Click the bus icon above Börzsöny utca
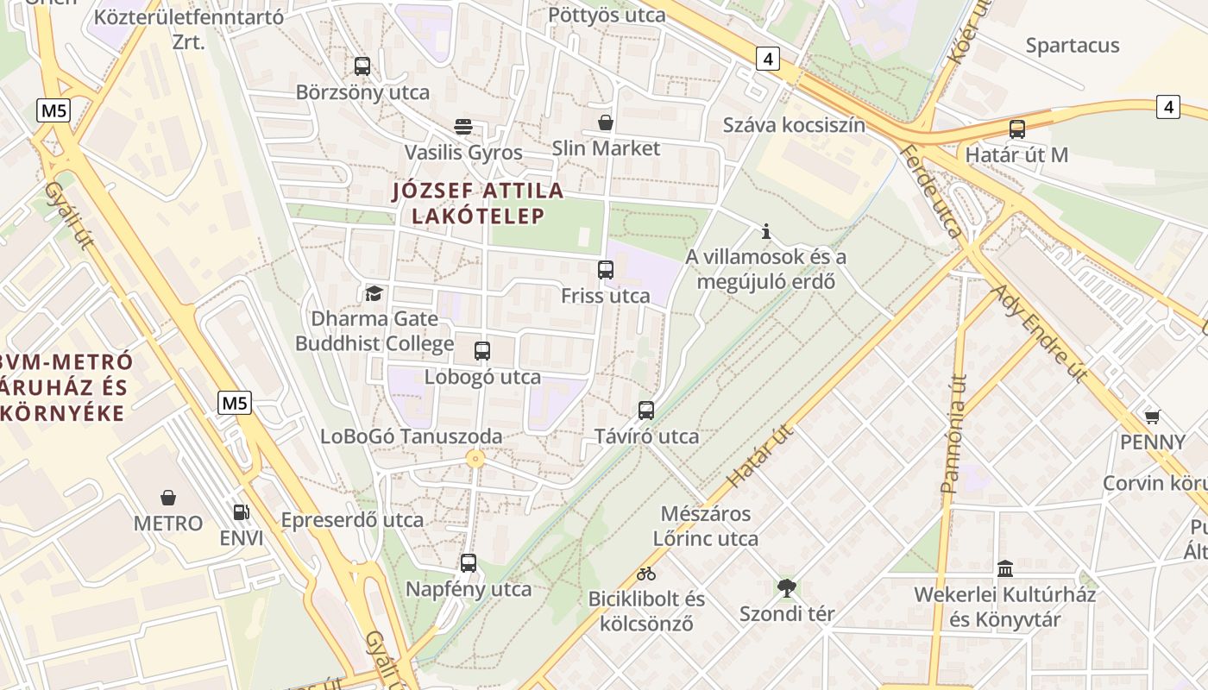[362, 66]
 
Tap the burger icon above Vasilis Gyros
[463, 127]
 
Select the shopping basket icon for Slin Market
[606, 122]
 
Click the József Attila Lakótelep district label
[478, 203]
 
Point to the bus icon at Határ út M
[1017, 129]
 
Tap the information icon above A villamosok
[765, 231]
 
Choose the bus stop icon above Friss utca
[606, 270]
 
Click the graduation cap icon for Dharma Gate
[374, 293]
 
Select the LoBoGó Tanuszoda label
[411, 436]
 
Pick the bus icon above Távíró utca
[646, 411]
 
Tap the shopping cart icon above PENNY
[1152, 417]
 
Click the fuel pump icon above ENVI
[242, 512]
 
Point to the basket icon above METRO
[168, 498]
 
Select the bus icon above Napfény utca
[469, 563]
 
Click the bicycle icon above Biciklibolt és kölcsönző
[646, 573]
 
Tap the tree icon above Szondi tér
[786, 588]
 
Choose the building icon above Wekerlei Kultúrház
[1005, 568]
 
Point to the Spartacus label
[1073, 45]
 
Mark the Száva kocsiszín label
[794, 125]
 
